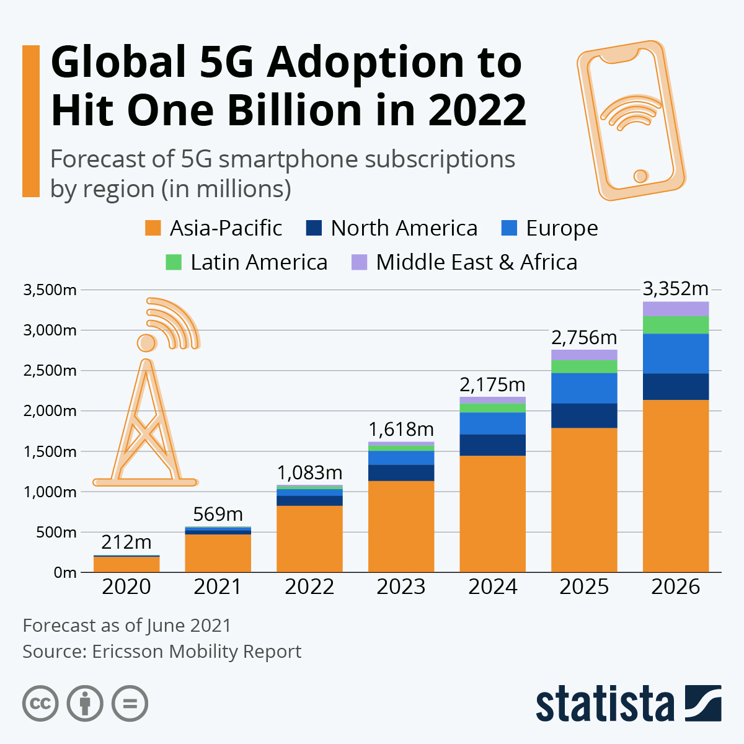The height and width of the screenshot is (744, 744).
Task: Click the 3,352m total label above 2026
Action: coord(675,289)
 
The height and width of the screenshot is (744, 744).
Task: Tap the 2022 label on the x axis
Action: coord(309,587)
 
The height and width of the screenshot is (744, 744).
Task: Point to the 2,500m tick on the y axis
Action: coord(50,371)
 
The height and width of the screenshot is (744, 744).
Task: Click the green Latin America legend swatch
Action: coord(174,262)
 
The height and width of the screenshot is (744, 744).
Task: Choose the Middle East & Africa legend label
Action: coord(476,262)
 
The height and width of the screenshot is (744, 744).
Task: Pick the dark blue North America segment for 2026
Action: coord(675,386)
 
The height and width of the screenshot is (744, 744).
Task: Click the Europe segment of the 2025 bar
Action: coord(584,388)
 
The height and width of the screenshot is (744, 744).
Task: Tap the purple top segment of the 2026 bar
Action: coord(675,308)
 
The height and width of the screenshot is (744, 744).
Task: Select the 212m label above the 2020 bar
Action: coord(126,542)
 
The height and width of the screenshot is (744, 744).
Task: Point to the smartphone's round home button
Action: coord(640,176)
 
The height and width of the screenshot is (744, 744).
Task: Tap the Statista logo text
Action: coord(605,704)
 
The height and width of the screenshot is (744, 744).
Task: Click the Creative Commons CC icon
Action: coord(40,704)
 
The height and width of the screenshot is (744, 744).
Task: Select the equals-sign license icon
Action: coord(130,704)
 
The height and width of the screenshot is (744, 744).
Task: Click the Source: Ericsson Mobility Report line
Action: coord(162,652)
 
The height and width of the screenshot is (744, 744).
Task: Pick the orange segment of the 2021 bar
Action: coord(218,553)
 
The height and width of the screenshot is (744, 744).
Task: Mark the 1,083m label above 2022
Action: coord(309,472)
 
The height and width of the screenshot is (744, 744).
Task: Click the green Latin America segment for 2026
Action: coord(675,324)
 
